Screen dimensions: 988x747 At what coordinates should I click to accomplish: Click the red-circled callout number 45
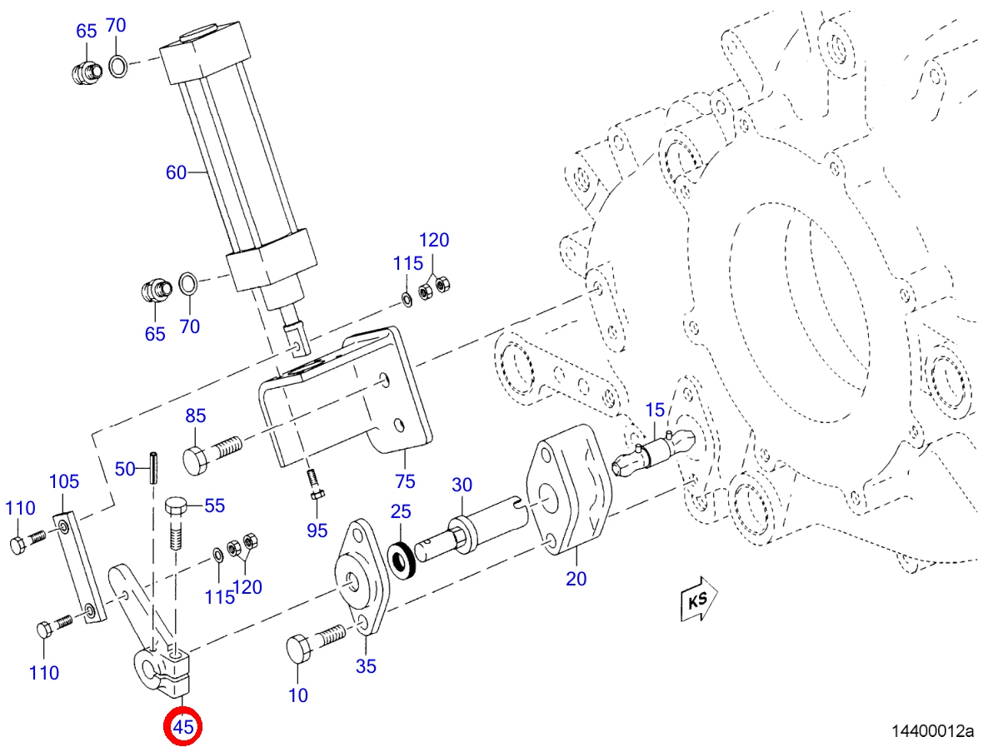click(x=182, y=727)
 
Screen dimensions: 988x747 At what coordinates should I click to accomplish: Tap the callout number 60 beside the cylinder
click(x=176, y=172)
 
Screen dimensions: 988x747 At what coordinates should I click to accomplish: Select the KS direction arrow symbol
click(x=699, y=599)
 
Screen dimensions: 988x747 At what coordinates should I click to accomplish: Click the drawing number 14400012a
click(x=932, y=731)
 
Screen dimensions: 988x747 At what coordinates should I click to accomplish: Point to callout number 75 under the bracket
click(x=405, y=481)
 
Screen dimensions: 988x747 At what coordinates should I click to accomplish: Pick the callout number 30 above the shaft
click(x=462, y=485)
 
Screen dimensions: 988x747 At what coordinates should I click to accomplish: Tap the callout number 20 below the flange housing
click(x=576, y=578)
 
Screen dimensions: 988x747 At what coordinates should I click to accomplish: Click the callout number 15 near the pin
click(x=656, y=410)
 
